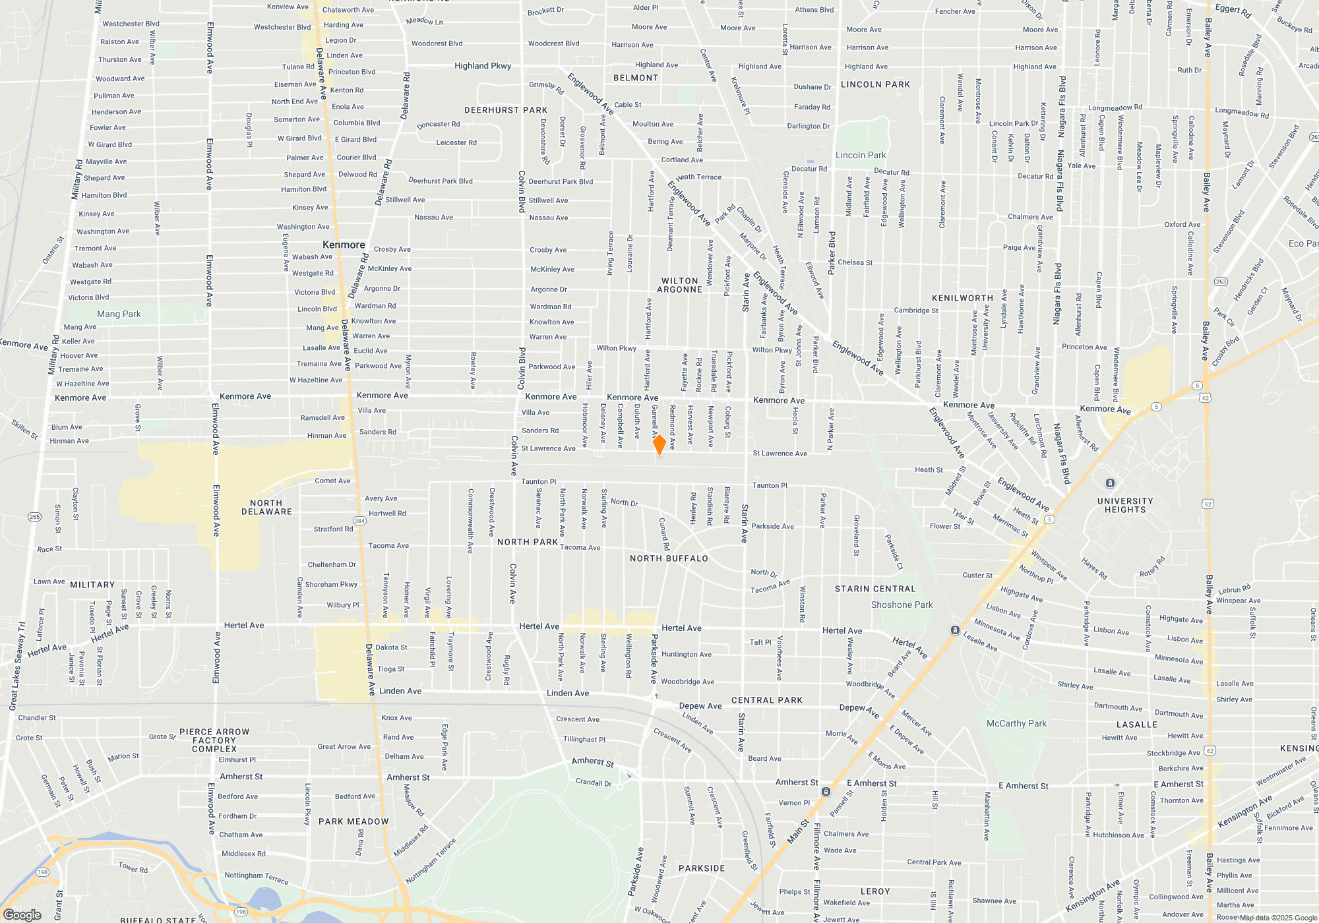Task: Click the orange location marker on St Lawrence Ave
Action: tap(659, 444)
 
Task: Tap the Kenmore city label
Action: tap(344, 245)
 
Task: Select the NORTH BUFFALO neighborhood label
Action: tap(669, 558)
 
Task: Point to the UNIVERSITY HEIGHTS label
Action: tap(1125, 505)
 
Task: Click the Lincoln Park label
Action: tap(861, 156)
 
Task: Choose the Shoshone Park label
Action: tap(902, 605)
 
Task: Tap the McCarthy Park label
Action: tap(1016, 723)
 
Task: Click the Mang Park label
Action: tap(119, 314)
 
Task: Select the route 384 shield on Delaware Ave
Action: tap(359, 521)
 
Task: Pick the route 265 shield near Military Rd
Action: tap(35, 517)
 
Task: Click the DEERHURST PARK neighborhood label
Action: tap(506, 110)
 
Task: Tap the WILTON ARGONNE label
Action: tap(680, 285)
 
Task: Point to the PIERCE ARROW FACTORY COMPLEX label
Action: tap(214, 740)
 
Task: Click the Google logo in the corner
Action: tap(22, 914)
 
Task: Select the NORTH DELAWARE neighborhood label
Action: tap(266, 507)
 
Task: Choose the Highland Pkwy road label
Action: tap(483, 66)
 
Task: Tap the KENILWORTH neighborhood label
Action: tap(962, 298)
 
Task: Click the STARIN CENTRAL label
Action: tap(875, 589)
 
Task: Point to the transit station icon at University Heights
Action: tap(1110, 483)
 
